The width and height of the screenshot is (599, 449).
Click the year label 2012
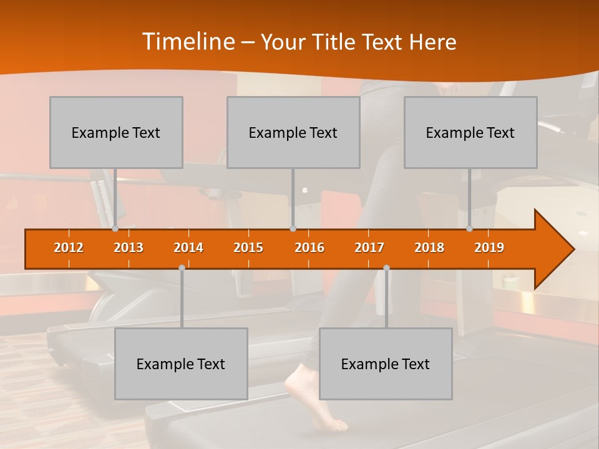pyautogui.click(x=69, y=248)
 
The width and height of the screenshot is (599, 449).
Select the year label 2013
pyautogui.click(x=129, y=248)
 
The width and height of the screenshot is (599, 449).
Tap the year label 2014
pyautogui.click(x=188, y=248)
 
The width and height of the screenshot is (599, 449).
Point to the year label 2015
pyautogui.click(x=248, y=248)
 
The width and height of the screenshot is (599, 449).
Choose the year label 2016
pyautogui.click(x=309, y=248)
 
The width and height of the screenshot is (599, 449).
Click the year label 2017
pyautogui.click(x=369, y=248)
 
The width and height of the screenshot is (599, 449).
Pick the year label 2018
pyautogui.click(x=429, y=248)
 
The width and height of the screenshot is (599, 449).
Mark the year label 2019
pyautogui.click(x=489, y=248)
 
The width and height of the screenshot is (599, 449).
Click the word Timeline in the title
pyautogui.click(x=187, y=42)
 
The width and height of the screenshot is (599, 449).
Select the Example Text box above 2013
pyautogui.click(x=116, y=133)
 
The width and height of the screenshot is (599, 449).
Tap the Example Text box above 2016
pyautogui.click(x=293, y=133)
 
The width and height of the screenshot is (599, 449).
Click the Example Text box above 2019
pyautogui.click(x=470, y=133)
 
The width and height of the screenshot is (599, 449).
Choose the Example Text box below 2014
pyautogui.click(x=181, y=364)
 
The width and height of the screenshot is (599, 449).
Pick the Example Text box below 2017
pyautogui.click(x=386, y=364)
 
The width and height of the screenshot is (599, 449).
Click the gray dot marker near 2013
pyautogui.click(x=115, y=229)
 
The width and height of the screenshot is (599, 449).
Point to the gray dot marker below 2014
pyautogui.click(x=182, y=268)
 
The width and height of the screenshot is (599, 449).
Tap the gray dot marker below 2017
pyautogui.click(x=386, y=268)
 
